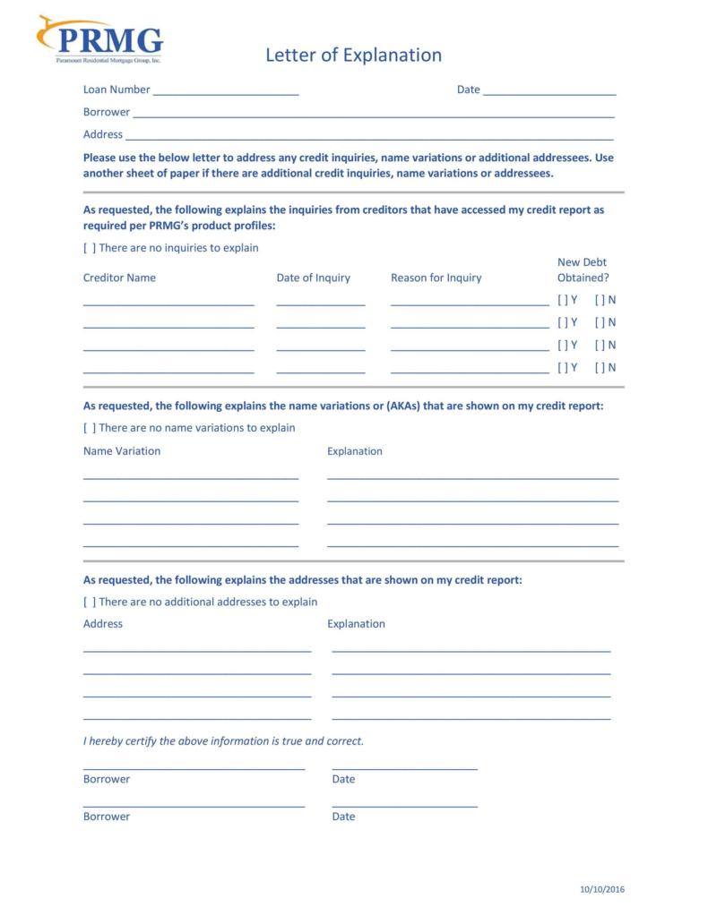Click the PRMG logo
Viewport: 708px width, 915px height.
[100, 39]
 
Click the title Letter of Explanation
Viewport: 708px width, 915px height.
[353, 56]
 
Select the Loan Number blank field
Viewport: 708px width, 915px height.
[225, 90]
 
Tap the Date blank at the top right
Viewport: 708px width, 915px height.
[548, 90]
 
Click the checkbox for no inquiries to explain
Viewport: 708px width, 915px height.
[89, 248]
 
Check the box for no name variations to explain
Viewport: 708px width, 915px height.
[89, 428]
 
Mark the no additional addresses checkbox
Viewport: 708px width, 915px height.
[89, 603]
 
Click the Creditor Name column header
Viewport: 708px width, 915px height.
[119, 278]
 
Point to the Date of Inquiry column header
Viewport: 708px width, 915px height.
[313, 278]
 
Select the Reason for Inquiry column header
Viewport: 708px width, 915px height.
[436, 278]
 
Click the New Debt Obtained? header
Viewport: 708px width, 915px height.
[583, 269]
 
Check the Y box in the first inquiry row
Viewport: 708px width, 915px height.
[562, 300]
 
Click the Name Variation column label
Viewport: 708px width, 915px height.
[122, 451]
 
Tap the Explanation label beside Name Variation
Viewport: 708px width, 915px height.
[354, 451]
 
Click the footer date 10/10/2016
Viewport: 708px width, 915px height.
[601, 889]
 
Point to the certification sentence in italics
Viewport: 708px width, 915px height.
[223, 741]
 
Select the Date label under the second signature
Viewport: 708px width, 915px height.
[343, 817]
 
